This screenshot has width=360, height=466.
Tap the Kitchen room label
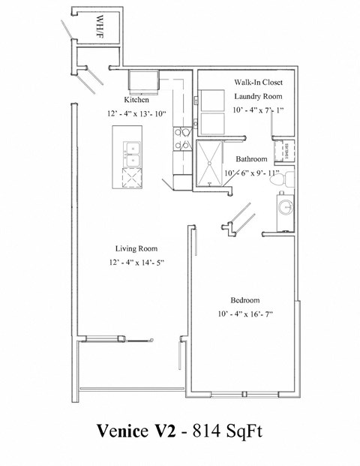[137, 100]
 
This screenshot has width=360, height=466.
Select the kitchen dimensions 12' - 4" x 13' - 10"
[137, 114]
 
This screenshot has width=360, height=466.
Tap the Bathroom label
[251, 159]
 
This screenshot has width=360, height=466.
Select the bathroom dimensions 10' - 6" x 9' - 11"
[250, 174]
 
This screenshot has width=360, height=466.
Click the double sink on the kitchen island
[131, 153]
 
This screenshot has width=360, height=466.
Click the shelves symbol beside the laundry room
[285, 151]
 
